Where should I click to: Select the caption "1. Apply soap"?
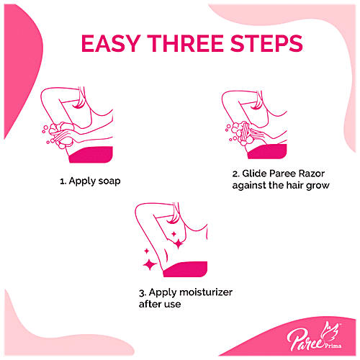[89, 181]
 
